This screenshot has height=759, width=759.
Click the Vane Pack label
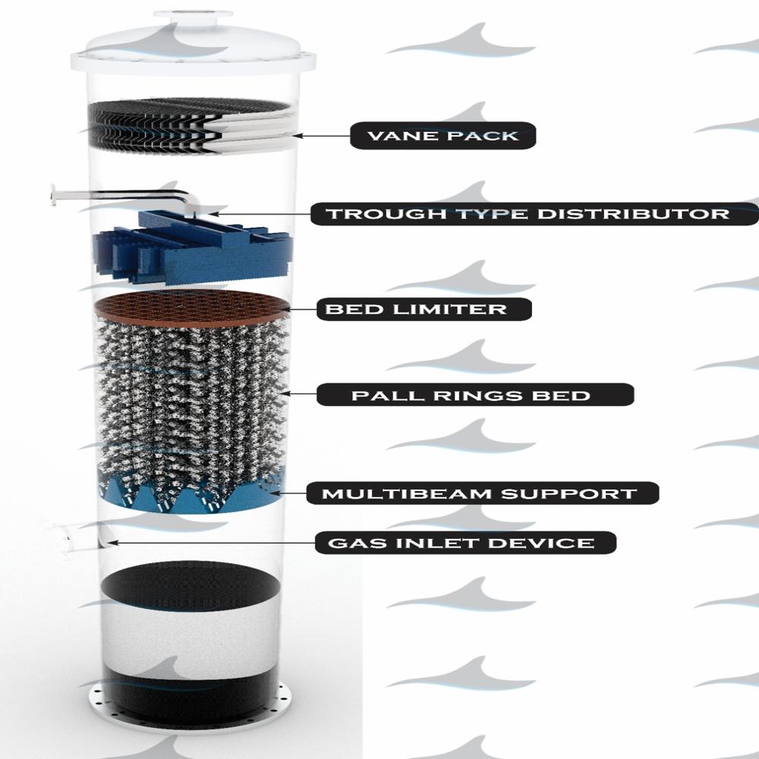pyautogui.click(x=443, y=136)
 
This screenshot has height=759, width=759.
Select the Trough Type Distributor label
pyautogui.click(x=534, y=213)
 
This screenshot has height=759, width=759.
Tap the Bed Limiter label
pyautogui.click(x=424, y=309)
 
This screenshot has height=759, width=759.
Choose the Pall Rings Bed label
pyautogui.click(x=475, y=395)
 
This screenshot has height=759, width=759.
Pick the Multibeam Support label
pyautogui.click(x=483, y=493)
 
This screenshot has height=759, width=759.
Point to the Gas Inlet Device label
pyautogui.click(x=465, y=543)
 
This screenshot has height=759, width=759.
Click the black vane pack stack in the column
pyautogui.click(x=191, y=127)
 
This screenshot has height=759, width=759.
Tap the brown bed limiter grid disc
pyautogui.click(x=192, y=307)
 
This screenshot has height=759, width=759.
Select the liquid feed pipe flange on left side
pyautogui.click(x=53, y=195)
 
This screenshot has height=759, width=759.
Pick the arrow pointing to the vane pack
pyautogui.click(x=321, y=136)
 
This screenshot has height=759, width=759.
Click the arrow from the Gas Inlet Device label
pyautogui.click(x=211, y=543)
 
